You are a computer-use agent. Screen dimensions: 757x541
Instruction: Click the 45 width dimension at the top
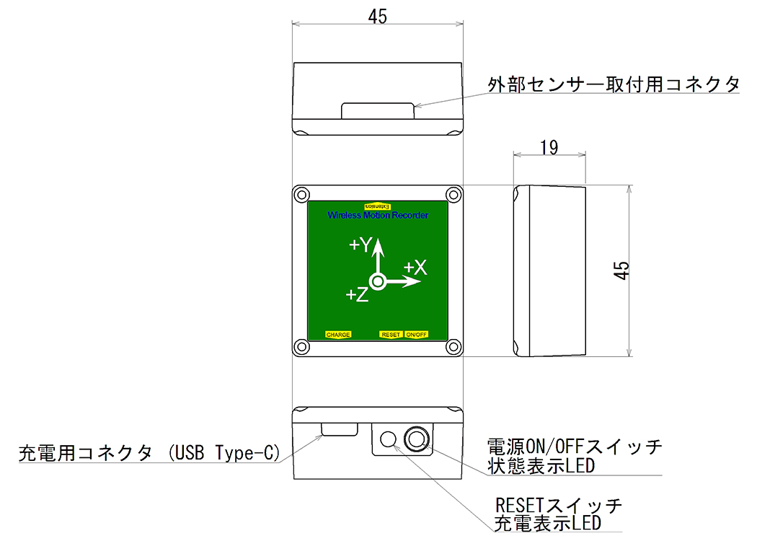[378, 17]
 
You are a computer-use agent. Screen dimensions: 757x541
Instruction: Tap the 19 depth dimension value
[549, 147]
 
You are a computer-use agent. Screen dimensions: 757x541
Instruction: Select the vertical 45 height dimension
[621, 270]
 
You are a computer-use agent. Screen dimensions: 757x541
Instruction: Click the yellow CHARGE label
[338, 334]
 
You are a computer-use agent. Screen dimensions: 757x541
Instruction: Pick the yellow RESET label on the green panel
[391, 334]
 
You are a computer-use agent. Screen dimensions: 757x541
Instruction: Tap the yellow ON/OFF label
[416, 334]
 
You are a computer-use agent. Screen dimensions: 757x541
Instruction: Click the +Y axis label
[360, 245]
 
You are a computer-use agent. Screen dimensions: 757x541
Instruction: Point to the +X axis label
[415, 267]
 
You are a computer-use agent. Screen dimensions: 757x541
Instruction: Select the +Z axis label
[358, 294]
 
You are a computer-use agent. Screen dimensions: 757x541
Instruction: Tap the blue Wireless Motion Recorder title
[378, 216]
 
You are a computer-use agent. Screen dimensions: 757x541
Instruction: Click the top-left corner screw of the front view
[302, 195]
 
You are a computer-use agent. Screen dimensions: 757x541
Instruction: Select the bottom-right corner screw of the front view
[453, 346]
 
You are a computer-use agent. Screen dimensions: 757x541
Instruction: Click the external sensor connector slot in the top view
[378, 110]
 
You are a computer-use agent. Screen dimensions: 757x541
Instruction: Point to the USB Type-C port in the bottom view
[340, 429]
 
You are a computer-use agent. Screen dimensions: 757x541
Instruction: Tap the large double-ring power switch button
[417, 439]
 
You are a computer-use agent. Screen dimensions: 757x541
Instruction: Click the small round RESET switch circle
[388, 439]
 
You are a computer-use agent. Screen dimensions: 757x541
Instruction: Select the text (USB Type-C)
[223, 453]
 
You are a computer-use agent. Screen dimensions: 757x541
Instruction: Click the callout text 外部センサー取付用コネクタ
[613, 84]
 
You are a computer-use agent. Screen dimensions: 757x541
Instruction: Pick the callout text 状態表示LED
[541, 466]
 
